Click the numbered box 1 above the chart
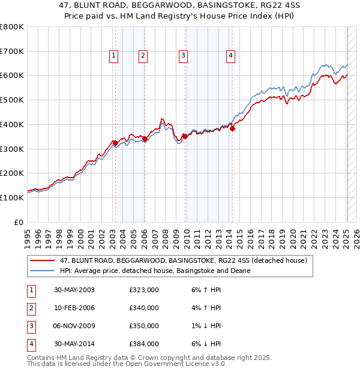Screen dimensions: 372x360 114,56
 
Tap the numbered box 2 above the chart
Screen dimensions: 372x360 143,56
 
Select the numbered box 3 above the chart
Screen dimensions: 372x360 183,56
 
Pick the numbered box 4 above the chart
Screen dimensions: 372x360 230,56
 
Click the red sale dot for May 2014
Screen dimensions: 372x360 233,128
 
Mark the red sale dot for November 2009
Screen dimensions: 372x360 185,136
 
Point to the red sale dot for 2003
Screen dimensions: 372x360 116,143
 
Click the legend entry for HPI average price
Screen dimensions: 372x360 155,271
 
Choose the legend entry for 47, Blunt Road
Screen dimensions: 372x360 183,260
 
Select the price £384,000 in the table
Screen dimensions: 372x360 144,344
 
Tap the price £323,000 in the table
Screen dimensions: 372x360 144,290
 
